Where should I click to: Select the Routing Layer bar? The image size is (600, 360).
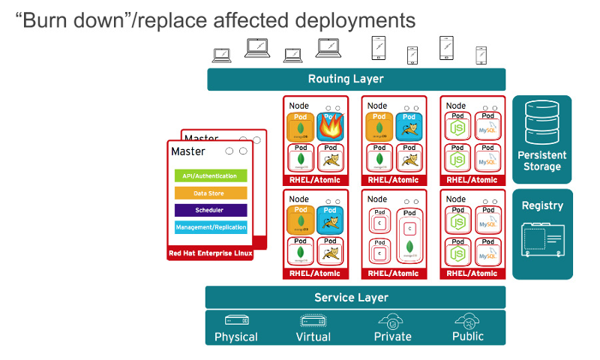[x=356, y=79]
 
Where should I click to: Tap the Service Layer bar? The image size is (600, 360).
[x=355, y=297]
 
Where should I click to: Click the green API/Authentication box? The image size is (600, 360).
[x=211, y=176]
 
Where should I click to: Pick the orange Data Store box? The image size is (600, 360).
[x=211, y=193]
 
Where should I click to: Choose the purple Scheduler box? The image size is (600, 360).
[x=211, y=210]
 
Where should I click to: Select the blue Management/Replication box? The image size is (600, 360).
[x=211, y=227]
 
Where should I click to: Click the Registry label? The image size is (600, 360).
[x=542, y=205]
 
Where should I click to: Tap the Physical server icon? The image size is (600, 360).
[x=235, y=320]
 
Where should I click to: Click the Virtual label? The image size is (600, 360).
[x=313, y=337]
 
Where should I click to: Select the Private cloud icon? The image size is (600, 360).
[x=392, y=320]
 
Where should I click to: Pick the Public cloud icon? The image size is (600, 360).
[x=468, y=320]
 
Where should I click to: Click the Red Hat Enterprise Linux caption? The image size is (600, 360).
[x=211, y=253]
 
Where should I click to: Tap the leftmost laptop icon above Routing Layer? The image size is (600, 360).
[x=222, y=55]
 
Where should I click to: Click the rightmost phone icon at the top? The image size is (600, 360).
[x=481, y=55]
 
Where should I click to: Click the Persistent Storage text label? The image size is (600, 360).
[x=542, y=160]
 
